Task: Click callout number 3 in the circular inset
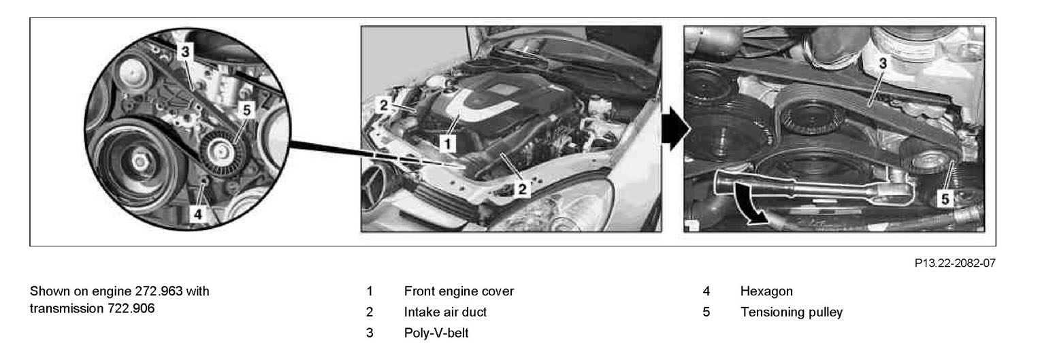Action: coord(185,52)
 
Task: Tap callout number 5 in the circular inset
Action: coord(246,110)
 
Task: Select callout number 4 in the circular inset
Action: coord(198,214)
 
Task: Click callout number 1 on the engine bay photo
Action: coord(448,144)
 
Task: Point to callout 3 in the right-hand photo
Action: coord(883,63)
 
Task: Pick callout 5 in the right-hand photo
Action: coord(945,199)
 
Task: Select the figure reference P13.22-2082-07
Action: coord(955,263)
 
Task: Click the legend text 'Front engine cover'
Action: coord(459,291)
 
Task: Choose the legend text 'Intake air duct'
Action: coord(445,312)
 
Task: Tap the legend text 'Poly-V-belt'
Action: coord(436,333)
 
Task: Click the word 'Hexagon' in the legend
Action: coord(766,291)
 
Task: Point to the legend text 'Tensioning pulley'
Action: coord(791,312)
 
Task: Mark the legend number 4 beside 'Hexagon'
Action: coord(706,291)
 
